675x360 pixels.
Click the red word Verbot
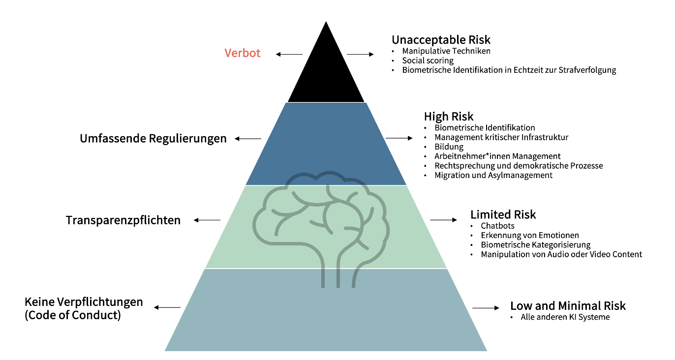[x=242, y=53]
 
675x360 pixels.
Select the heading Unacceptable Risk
[x=441, y=40]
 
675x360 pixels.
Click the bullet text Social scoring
[x=428, y=60]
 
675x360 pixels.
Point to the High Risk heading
[x=449, y=116]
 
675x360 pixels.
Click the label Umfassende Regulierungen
[x=153, y=139]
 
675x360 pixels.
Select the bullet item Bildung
[x=449, y=147]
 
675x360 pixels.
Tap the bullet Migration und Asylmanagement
[x=493, y=176]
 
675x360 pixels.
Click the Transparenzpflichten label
[x=123, y=220]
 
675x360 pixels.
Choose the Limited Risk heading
[x=503, y=214]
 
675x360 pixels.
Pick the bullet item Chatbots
[x=497, y=226]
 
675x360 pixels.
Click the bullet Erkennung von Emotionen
[x=530, y=235]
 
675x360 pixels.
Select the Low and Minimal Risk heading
[x=568, y=306]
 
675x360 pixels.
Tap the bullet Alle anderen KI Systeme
[x=565, y=317]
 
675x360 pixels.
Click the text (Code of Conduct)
[x=73, y=315]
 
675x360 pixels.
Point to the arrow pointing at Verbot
[x=289, y=54]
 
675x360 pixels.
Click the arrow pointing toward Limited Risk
[x=443, y=220]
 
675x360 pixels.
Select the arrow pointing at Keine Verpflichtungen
[x=167, y=307]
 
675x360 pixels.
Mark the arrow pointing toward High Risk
[x=399, y=138]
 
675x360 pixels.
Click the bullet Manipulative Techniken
[x=446, y=51]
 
